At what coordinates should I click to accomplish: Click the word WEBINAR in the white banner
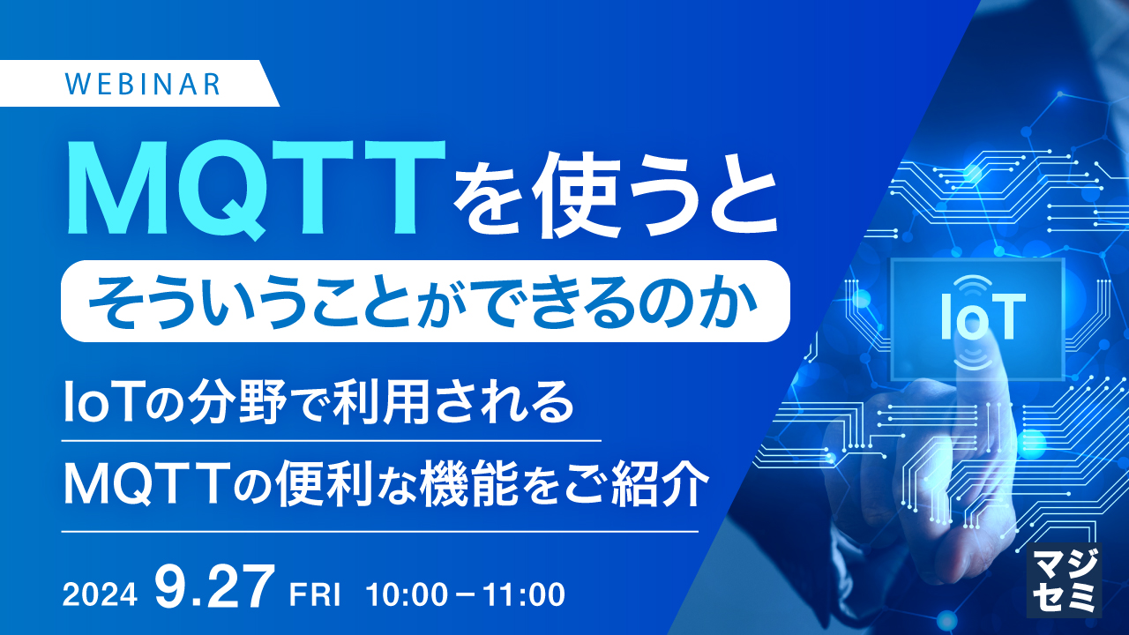click(143, 84)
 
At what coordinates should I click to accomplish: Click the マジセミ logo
click(1065, 579)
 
